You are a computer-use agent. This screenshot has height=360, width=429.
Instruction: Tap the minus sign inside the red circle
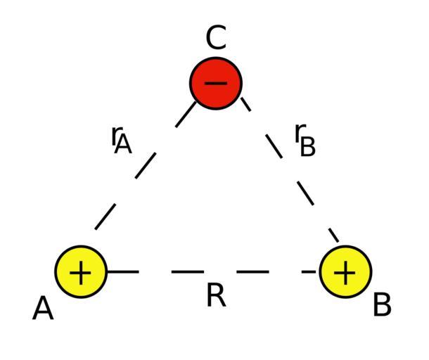[216, 83]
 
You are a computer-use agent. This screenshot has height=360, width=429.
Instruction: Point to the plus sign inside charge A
[82, 271]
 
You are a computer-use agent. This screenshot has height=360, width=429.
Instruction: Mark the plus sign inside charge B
[345, 271]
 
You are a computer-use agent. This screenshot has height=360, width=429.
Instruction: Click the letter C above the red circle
[216, 39]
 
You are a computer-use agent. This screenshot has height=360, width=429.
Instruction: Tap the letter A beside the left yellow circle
[43, 309]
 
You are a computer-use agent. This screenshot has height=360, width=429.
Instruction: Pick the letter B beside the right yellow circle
[382, 306]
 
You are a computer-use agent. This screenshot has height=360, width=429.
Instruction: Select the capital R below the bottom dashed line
[216, 296]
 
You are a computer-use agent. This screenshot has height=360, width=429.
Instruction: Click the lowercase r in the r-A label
[116, 134]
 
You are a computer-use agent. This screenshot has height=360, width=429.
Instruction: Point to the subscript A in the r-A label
[123, 144]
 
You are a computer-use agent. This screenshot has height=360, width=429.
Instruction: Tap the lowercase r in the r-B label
[299, 131]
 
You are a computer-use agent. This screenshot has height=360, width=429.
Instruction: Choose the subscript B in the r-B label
[307, 148]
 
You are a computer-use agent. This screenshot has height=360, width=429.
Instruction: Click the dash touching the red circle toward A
[186, 115]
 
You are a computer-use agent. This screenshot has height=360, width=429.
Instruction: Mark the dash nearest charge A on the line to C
[105, 217]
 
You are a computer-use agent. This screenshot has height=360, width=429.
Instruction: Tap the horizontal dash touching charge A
[122, 271]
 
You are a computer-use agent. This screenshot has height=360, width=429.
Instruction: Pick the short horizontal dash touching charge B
[310, 271]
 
